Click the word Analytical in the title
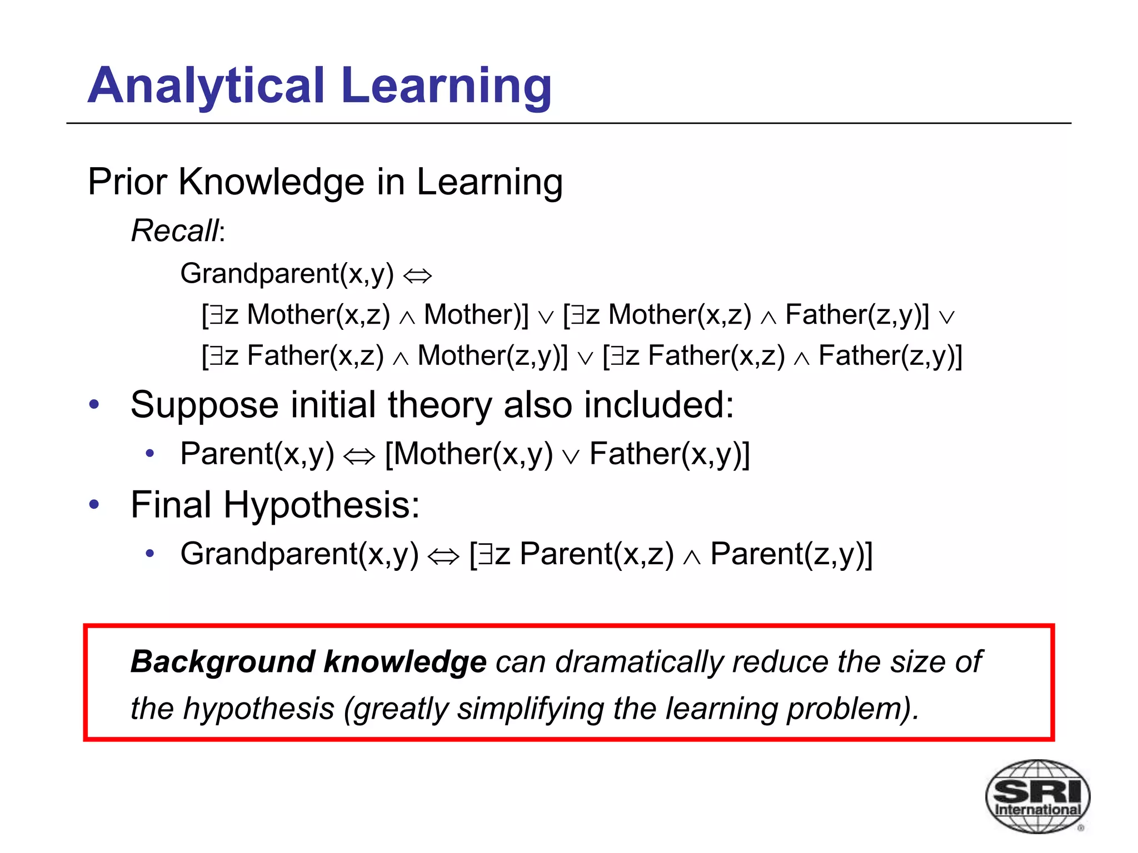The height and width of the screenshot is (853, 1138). click(206, 86)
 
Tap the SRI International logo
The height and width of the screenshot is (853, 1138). click(1037, 796)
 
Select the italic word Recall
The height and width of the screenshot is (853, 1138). click(176, 230)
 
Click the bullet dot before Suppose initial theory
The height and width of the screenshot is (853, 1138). click(94, 404)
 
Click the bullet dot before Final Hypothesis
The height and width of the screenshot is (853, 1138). click(94, 504)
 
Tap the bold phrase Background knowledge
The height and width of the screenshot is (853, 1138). click(308, 662)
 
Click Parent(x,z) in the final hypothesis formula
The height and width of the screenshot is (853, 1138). click(596, 554)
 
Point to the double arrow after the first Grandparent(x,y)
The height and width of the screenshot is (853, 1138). click(417, 275)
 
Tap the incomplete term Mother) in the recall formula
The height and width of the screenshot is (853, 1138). click(475, 315)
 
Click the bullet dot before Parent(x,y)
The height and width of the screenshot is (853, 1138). click(149, 454)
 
